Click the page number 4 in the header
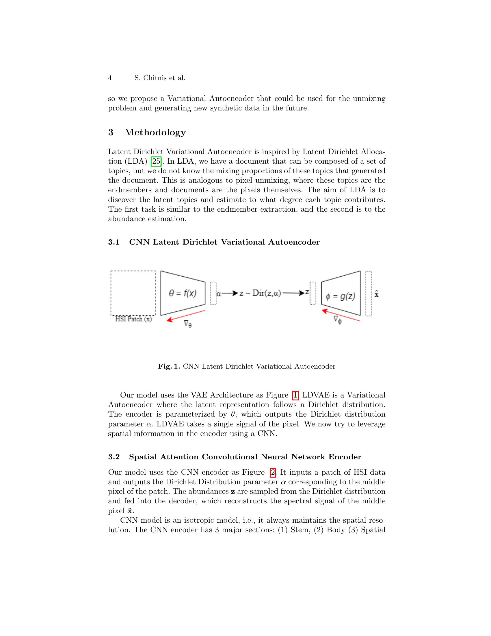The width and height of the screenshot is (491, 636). (110, 78)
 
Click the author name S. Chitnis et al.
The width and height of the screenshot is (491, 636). (160, 78)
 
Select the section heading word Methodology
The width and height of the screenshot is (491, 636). (155, 132)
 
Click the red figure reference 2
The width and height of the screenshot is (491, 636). (273, 472)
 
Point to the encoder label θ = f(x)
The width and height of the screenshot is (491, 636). (183, 293)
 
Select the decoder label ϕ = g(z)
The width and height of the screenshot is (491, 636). (340, 296)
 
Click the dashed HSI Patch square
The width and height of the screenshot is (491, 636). (133, 293)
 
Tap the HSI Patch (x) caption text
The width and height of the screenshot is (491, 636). (133, 319)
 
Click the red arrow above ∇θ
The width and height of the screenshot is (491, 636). (186, 315)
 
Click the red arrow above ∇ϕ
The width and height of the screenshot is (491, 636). (341, 315)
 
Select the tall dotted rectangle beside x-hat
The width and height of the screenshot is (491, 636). (368, 293)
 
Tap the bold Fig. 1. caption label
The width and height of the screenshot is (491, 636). (169, 367)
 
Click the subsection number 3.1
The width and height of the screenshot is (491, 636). (114, 242)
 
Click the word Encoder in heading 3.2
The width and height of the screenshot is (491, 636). (345, 457)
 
